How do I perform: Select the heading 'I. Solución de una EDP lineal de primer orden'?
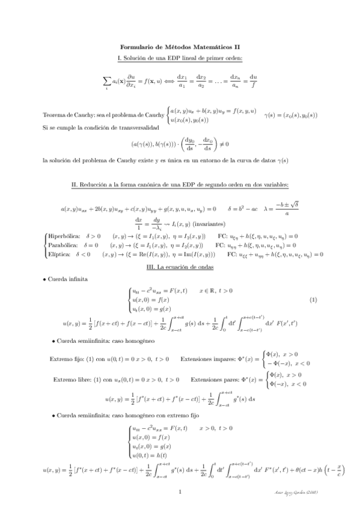click(x=180, y=58)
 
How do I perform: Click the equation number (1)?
click(x=313, y=300)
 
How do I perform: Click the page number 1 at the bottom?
click(x=180, y=491)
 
